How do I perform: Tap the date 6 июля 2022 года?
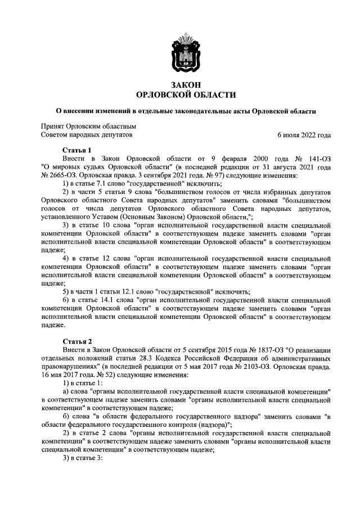(304, 136)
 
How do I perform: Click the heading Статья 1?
(76, 150)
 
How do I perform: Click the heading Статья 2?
(76, 341)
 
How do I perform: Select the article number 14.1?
(106, 301)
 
